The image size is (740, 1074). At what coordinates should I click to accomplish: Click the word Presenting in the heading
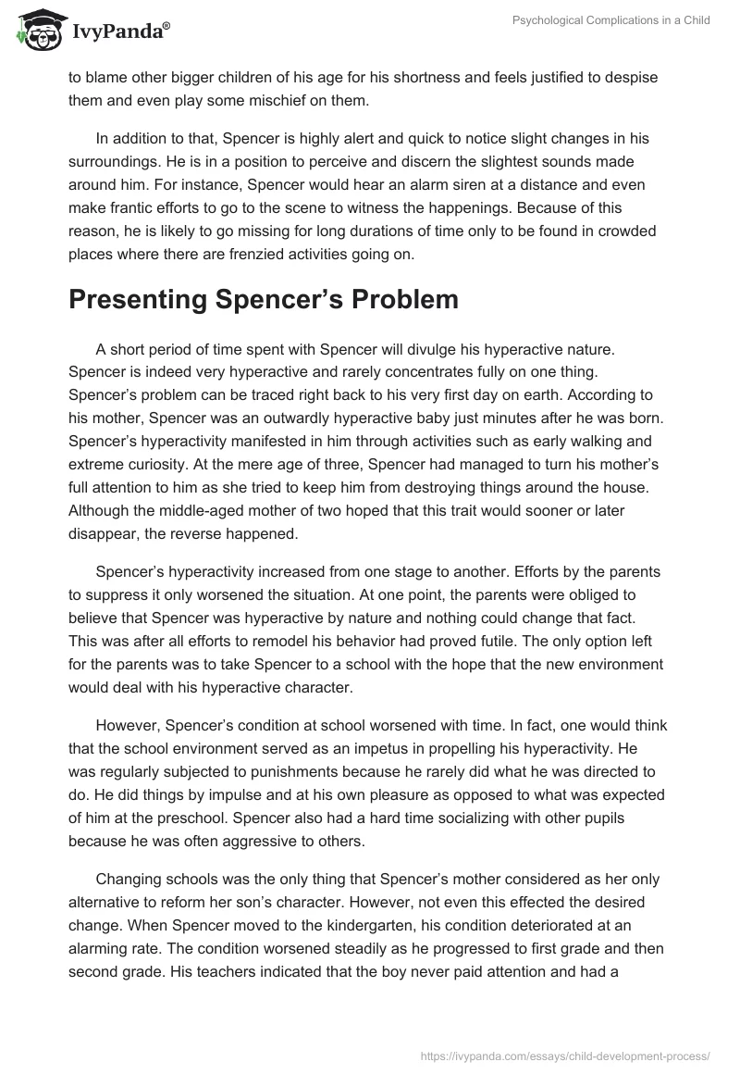152,298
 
